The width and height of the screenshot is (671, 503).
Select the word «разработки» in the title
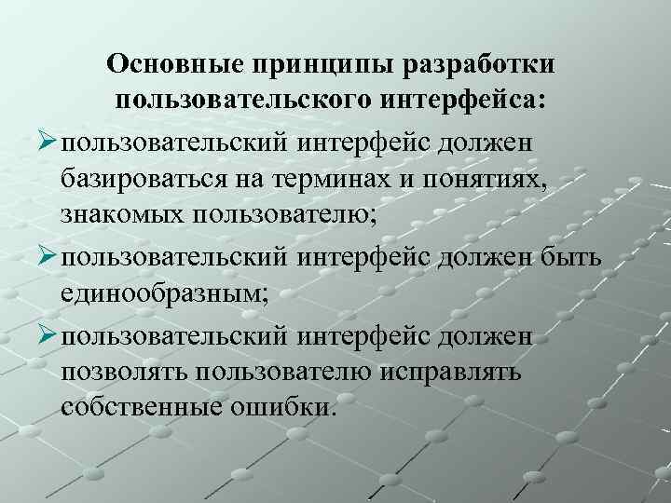[484, 63]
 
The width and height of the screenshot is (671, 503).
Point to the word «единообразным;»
[165, 294]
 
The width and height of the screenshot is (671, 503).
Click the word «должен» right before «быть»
[486, 256]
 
